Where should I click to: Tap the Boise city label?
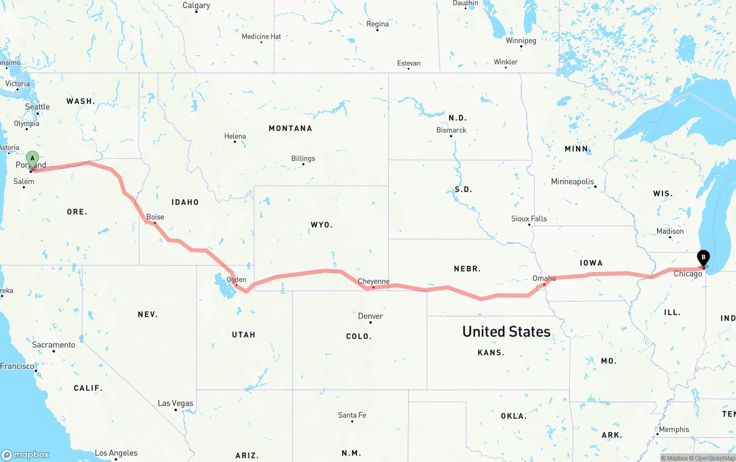click(x=155, y=217)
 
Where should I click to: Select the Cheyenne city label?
click(x=374, y=281)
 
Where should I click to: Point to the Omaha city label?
click(x=544, y=278)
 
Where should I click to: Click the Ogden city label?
click(x=237, y=280)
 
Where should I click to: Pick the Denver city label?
click(x=370, y=316)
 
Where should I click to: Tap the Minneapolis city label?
click(x=572, y=181)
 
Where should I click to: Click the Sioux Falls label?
click(x=529, y=219)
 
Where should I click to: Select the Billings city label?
click(x=303, y=158)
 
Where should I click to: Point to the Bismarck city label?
click(x=451, y=130)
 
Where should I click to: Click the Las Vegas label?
click(x=175, y=403)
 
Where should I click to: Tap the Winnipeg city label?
click(x=521, y=41)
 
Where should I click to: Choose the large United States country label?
click(x=506, y=331)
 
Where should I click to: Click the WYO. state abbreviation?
click(x=321, y=224)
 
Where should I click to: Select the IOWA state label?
click(x=591, y=263)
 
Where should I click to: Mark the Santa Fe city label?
click(x=352, y=415)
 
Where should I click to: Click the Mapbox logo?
click(x=25, y=455)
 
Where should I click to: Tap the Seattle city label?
click(x=37, y=106)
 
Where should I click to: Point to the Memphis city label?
click(x=674, y=429)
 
